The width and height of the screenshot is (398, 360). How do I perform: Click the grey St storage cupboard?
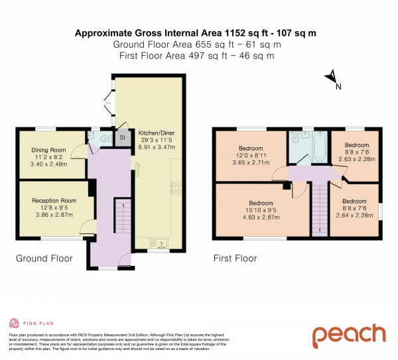[x=122, y=139]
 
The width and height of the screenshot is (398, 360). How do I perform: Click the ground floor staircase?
[x=122, y=218]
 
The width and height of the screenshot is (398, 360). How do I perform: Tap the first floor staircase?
[x=320, y=208]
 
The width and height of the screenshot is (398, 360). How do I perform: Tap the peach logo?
[x=348, y=335]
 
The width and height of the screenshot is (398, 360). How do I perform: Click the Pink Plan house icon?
[x=13, y=323]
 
